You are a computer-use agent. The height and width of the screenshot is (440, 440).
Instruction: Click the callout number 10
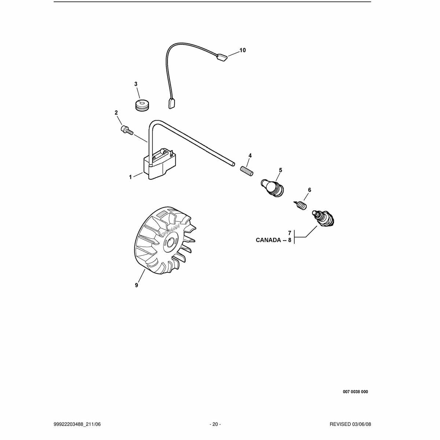pos(242,50)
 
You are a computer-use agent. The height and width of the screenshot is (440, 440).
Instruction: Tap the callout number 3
pos(136,84)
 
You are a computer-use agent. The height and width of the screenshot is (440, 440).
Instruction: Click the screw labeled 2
pos(126,130)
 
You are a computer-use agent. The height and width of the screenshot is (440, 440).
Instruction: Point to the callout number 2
pos(116,113)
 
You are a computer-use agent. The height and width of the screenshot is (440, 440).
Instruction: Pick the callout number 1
pos(131,177)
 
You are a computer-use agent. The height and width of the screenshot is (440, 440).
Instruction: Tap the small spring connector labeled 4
pos(247,171)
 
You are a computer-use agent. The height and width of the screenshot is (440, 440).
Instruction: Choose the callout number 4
pos(250,156)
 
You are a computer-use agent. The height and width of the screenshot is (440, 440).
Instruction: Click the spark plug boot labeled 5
pos(273,188)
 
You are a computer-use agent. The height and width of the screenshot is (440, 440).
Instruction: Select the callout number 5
pos(280,170)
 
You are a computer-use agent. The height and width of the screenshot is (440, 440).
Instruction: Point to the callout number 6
pos(309,190)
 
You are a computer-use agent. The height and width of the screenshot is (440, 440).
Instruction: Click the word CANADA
pos(268,240)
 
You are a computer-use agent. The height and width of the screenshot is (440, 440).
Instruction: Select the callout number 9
pos(136,285)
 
